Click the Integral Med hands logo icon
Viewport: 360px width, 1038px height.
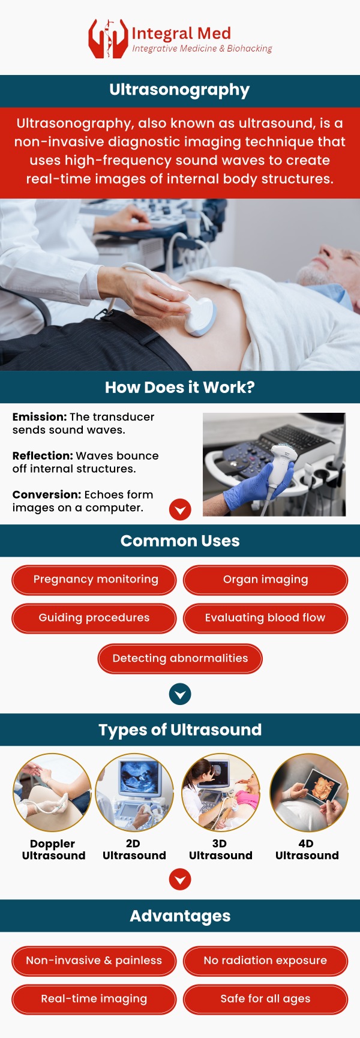coord(108,39)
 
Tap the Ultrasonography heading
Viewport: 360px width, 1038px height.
coord(179,90)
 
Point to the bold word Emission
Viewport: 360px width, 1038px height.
coord(40,417)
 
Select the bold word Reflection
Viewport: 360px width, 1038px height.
coord(43,456)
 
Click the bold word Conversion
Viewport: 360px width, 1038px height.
coord(47,495)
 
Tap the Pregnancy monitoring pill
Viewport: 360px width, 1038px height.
coord(94,580)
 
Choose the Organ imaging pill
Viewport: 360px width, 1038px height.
coord(265,580)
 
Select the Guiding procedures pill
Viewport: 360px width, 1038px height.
coord(94,618)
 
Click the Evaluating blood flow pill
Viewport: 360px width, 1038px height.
coord(265,618)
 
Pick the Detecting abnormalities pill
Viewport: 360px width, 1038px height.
coord(180,658)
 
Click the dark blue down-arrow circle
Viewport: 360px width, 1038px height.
coord(180,694)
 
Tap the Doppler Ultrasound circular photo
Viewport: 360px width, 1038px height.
coord(52,792)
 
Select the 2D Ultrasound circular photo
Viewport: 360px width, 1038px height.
coord(134,792)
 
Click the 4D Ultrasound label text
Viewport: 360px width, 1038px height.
coord(307,850)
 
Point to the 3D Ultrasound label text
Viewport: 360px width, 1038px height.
coord(220,850)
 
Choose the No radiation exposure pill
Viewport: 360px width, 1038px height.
coord(265,961)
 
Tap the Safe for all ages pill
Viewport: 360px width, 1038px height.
coord(265,999)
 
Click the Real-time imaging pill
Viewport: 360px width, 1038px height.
coord(94,999)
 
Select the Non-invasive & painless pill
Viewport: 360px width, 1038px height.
coord(94,961)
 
